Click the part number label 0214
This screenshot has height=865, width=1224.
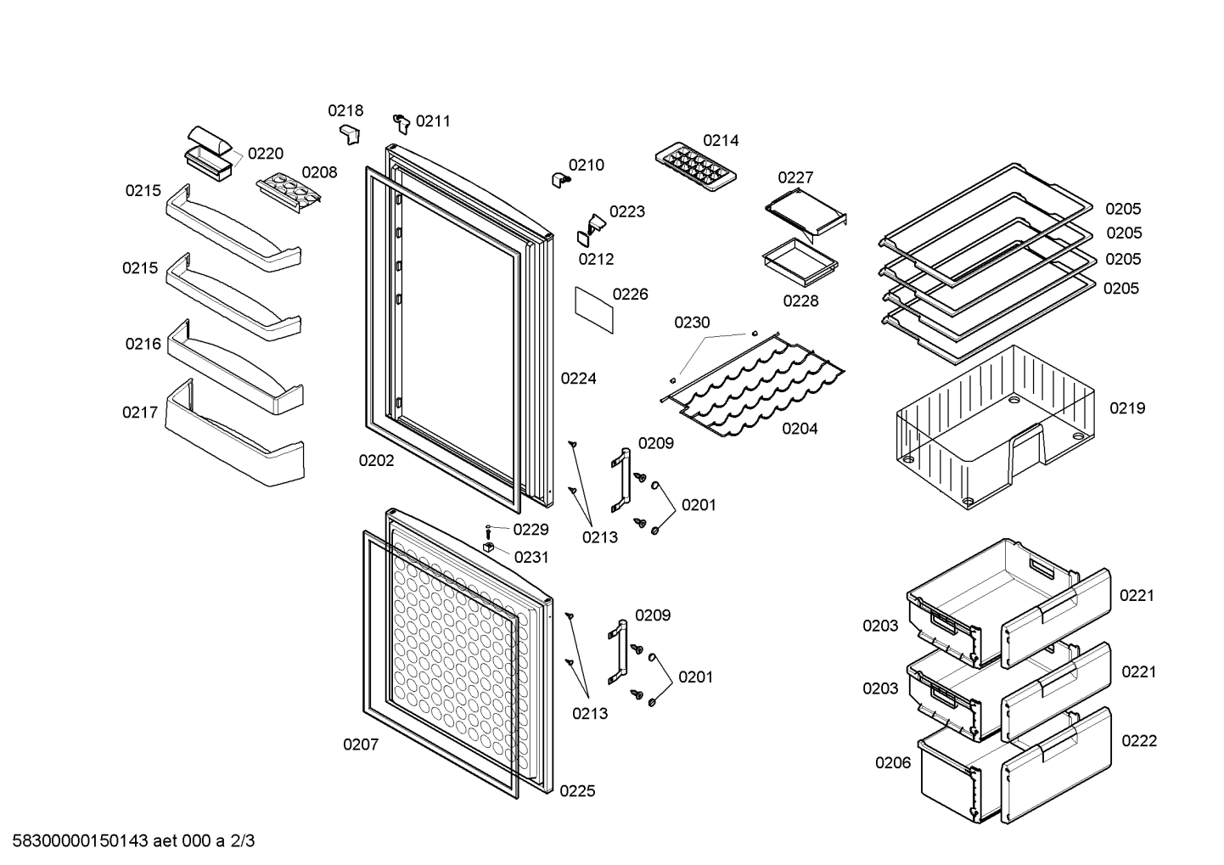[721, 140]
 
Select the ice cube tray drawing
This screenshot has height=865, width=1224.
[695, 166]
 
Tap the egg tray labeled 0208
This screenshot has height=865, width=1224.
[289, 193]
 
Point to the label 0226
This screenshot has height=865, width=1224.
[630, 294]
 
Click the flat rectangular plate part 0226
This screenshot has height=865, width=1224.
[594, 310]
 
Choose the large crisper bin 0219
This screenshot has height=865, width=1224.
[995, 427]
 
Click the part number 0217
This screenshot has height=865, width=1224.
[140, 412]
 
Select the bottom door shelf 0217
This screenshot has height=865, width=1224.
[235, 432]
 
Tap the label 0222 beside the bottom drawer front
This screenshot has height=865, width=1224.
[1139, 740]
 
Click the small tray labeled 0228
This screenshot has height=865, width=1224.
[800, 261]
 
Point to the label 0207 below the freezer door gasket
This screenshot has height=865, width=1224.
[361, 744]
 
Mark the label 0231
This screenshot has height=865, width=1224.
[531, 557]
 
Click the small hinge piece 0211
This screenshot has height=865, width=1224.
[401, 123]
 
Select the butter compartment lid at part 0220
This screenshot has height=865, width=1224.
[210, 141]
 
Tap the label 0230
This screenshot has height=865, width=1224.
[692, 323]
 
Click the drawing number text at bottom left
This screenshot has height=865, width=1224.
[133, 840]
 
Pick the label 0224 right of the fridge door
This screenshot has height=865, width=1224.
[579, 378]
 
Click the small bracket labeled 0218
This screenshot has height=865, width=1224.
[350, 134]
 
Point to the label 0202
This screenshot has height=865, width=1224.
[376, 461]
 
